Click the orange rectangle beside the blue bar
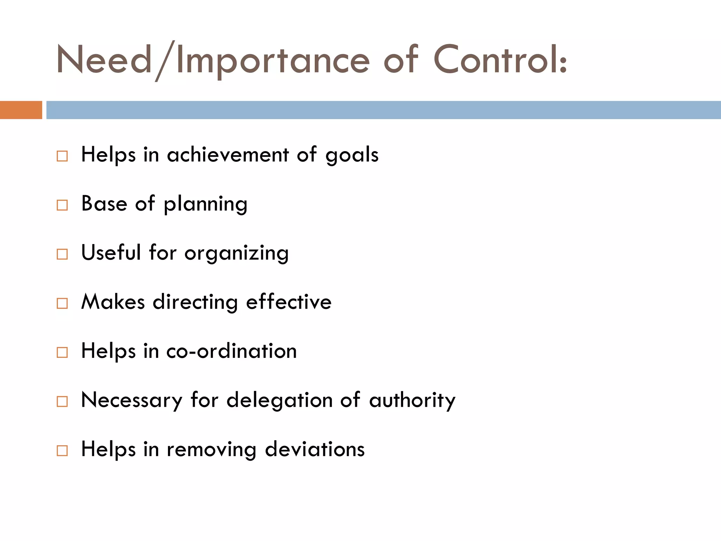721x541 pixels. point(21,110)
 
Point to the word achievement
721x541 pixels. point(228,155)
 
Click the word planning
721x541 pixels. point(206,205)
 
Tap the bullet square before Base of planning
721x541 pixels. point(62,205)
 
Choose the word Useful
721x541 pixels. point(111,253)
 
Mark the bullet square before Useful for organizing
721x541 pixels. point(62,254)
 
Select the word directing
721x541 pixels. point(195,303)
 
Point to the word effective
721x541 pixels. point(289,302)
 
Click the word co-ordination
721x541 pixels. point(231,351)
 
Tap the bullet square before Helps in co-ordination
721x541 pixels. point(62,352)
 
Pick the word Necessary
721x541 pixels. point(132,400)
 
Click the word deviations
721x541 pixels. point(315,449)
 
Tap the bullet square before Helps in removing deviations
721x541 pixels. point(62,450)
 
